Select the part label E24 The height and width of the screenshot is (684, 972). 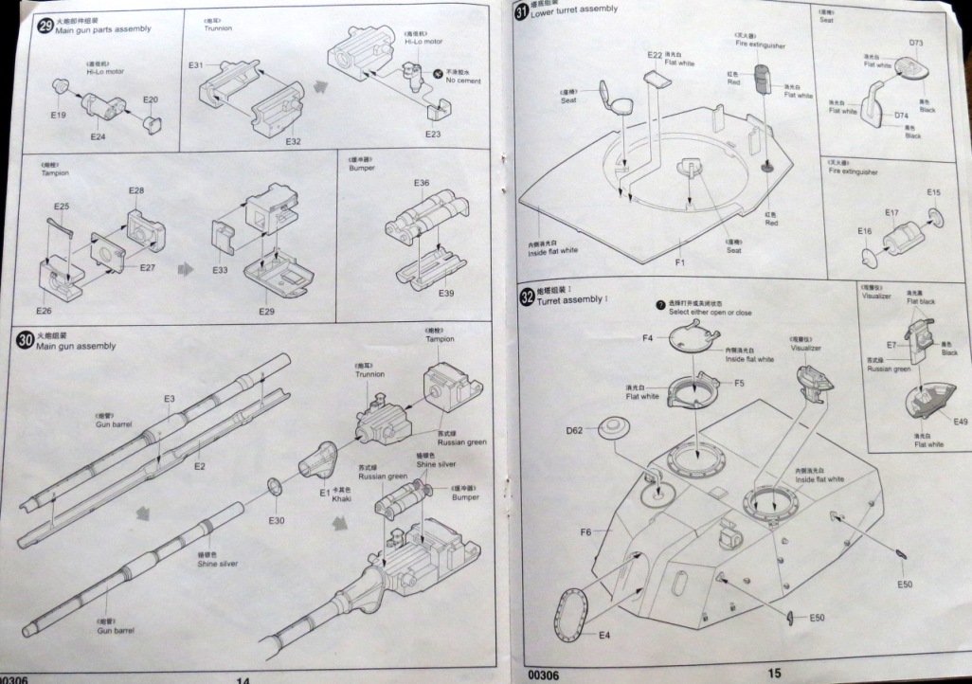pos(98,136)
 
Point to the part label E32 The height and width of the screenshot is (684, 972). pos(293,142)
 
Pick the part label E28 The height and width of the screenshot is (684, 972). pos(136,191)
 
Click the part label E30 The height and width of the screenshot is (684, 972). pos(276,521)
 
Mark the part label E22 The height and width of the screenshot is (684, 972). pos(655,56)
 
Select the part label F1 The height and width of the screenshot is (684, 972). pos(679,260)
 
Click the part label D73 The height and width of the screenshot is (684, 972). pos(916,43)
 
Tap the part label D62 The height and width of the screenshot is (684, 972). pos(574,431)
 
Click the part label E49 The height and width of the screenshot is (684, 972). pos(960,422)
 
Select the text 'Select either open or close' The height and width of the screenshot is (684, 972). pos(710,312)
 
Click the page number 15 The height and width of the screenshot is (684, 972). pos(774,673)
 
